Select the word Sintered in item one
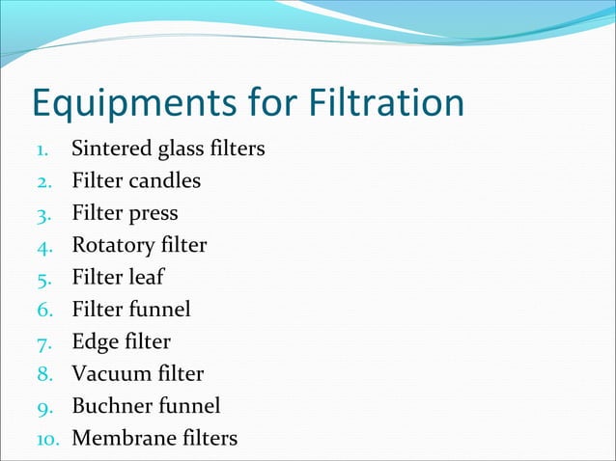coord(108,149)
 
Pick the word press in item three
coord(154,214)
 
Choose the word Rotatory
coord(112,245)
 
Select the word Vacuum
coord(108,373)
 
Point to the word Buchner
coord(109,405)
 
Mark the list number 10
coord(49,439)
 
